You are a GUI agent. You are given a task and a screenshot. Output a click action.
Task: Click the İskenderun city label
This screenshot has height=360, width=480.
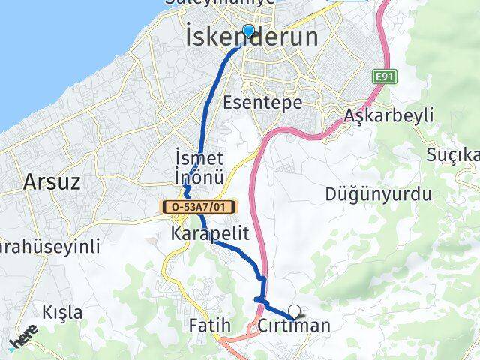click(250, 37)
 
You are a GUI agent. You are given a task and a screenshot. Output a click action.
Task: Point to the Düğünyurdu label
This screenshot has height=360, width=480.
click(379, 195)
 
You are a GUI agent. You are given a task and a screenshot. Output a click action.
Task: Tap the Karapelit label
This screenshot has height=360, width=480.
click(209, 233)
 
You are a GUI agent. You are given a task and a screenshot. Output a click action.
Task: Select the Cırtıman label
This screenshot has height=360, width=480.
click(293, 325)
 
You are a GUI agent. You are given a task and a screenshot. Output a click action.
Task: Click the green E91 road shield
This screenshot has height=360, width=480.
click(385, 76)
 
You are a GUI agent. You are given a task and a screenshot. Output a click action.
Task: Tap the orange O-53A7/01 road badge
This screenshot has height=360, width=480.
click(196, 205)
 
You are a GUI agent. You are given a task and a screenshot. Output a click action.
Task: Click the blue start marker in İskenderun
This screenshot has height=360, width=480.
click(248, 30)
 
